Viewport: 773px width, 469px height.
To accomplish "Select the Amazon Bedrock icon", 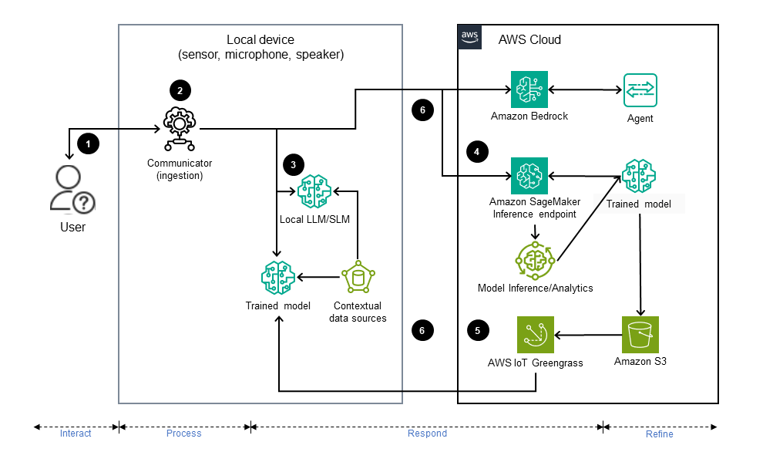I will point(529,90).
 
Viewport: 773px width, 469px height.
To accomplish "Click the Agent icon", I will point(640,90).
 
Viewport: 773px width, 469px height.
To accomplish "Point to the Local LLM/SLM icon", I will point(314,191).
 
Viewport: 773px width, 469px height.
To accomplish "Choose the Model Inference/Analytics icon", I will point(534,260).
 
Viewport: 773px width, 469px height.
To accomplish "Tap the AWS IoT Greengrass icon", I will point(536,335).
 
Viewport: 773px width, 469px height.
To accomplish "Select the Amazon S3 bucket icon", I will point(640,335).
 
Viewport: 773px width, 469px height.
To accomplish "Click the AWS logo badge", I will point(470,37).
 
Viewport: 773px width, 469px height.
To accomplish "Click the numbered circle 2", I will point(180,90).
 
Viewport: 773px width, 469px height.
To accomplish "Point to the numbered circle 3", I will point(293,164).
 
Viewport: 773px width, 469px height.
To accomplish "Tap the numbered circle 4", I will point(478,152).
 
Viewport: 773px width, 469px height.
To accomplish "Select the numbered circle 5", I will point(478,331).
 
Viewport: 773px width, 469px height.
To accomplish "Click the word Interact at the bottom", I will point(76,434).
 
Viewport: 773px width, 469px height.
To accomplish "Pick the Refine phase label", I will point(659,434).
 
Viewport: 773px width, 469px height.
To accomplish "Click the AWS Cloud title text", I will point(529,39).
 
